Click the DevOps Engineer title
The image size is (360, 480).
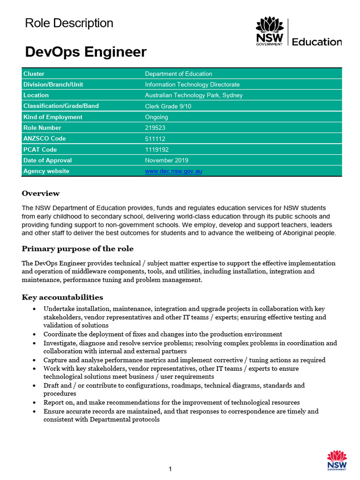pos(86,52)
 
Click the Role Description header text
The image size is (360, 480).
pos(69,23)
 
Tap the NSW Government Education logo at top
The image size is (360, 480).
pos(298,32)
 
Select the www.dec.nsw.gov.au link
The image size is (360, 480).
pos(173,171)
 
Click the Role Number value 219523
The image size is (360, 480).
pos(155,127)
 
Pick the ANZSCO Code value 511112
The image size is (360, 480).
pos(155,139)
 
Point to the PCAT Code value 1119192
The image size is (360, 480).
pos(157,150)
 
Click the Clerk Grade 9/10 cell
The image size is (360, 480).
pos(168,106)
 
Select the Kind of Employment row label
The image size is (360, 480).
pos(52,117)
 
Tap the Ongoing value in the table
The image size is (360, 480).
pos(157,117)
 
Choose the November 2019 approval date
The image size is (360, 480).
pos(166,160)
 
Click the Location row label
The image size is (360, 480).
pos(36,95)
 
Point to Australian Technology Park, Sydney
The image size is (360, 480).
pos(194,95)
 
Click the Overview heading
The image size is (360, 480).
pos(41,193)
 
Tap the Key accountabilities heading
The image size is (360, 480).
pos(62,297)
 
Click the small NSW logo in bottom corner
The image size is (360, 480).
pos(337,460)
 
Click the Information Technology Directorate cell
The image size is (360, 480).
pos(192,84)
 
